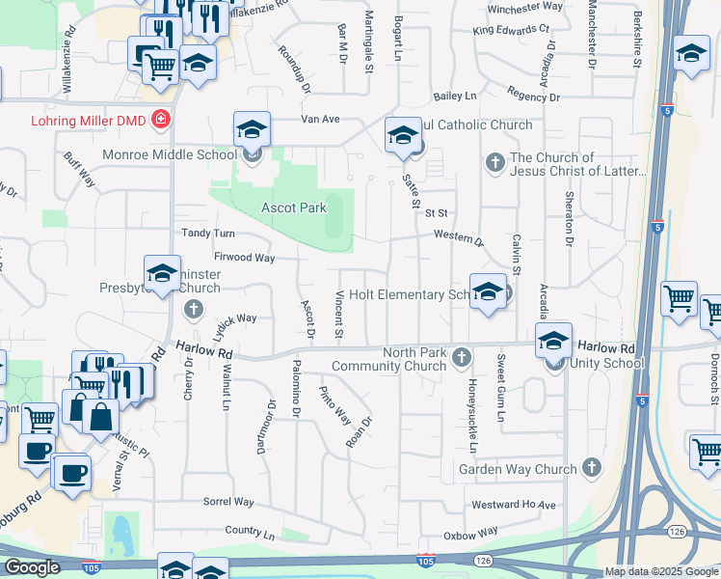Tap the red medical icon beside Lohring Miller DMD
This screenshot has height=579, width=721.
(x=161, y=121)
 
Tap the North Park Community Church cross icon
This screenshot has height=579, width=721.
(x=461, y=358)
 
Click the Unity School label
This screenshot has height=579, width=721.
(x=606, y=363)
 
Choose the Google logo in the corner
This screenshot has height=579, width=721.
(x=32, y=567)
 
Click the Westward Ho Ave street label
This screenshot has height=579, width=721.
(x=515, y=505)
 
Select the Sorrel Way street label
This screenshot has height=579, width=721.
(x=228, y=503)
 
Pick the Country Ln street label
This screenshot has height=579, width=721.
(x=250, y=533)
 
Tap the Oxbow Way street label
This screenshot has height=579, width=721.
(x=470, y=533)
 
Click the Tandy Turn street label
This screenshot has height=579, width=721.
(x=208, y=234)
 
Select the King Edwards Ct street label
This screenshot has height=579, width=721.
(x=510, y=31)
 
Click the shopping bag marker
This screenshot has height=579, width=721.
(x=100, y=418)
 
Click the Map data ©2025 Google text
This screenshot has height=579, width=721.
(x=662, y=571)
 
